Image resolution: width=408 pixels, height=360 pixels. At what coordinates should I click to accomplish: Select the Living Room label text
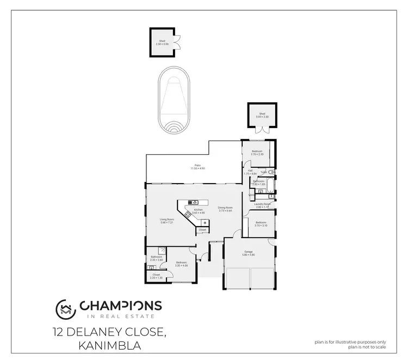coord(166,221)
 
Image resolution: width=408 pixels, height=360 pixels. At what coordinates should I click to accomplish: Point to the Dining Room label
coord(225,209)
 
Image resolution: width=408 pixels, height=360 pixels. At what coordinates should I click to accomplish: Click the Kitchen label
coord(199,211)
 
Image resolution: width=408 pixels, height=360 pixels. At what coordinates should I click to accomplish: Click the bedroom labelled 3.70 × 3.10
coord(261,223)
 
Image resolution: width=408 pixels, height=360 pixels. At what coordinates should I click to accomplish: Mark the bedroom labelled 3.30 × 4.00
coord(182,264)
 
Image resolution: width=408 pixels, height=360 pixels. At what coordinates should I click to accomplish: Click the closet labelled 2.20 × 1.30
coord(156,276)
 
